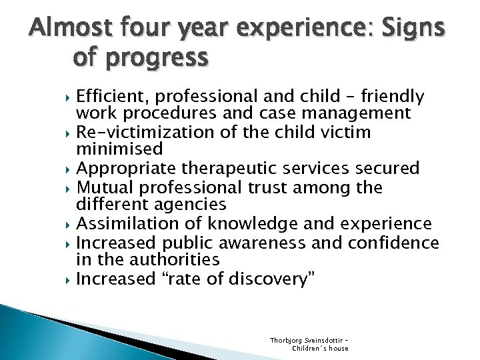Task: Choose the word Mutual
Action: pyautogui.click(x=105, y=187)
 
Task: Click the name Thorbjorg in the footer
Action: pyautogui.click(x=286, y=340)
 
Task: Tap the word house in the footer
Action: pyautogui.click(x=337, y=348)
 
